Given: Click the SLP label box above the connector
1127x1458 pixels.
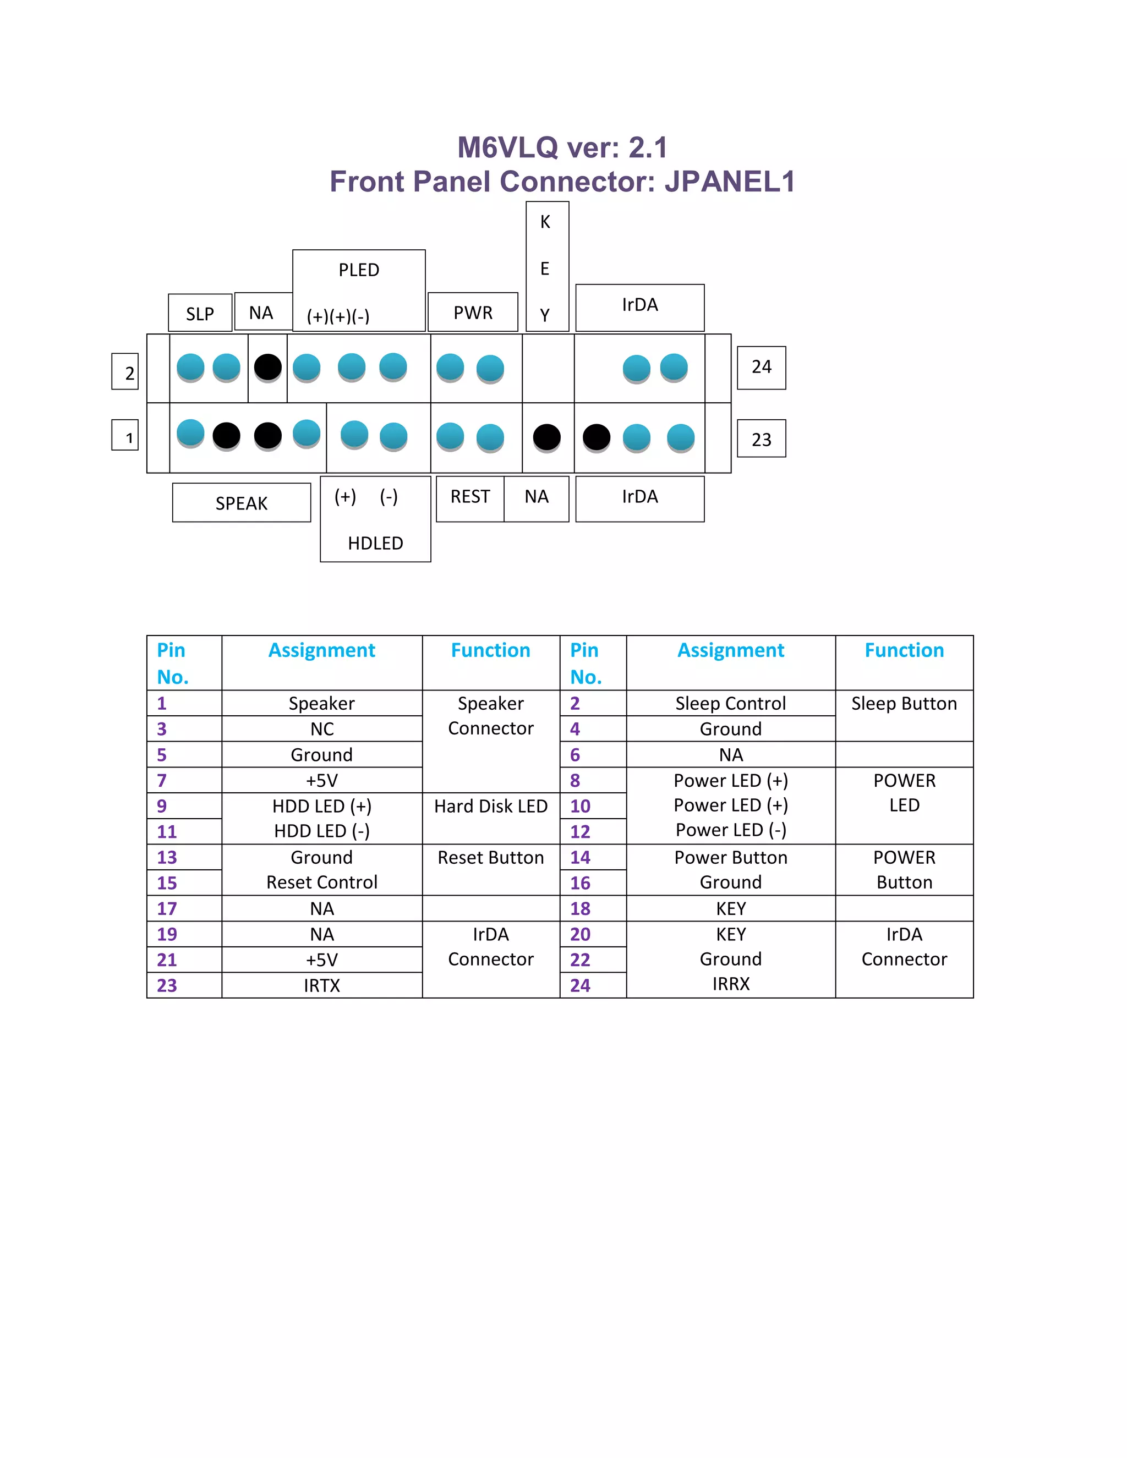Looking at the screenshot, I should (200, 313).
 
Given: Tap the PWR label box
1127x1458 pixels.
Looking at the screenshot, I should (473, 313).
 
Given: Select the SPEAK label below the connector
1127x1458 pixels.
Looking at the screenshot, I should (241, 503).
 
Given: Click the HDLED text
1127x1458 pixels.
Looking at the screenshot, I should (375, 542).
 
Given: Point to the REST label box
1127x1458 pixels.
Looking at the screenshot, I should (470, 497).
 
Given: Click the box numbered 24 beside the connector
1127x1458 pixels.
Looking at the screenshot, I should (761, 367).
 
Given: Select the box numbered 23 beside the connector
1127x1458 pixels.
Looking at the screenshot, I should (761, 439).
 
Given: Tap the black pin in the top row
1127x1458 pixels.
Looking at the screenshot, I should (268, 366).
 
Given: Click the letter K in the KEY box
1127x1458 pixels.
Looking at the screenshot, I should (545, 222).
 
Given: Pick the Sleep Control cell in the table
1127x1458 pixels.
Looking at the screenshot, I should (730, 703).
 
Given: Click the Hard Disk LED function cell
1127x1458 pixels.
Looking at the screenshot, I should (491, 807).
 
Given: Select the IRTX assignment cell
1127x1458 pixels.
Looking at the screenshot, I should (322, 985).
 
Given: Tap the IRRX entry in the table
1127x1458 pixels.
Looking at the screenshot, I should (730, 984).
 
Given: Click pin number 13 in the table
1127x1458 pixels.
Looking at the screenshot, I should (167, 858).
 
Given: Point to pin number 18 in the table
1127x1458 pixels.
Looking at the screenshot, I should (580, 908).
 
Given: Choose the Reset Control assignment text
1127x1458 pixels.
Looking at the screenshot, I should (322, 883).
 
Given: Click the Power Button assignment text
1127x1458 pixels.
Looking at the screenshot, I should (730, 858).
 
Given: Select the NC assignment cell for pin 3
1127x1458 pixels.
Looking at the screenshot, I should (322, 729).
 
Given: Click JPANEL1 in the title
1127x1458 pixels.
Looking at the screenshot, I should (730, 182).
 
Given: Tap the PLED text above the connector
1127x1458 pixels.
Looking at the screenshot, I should (359, 270).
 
